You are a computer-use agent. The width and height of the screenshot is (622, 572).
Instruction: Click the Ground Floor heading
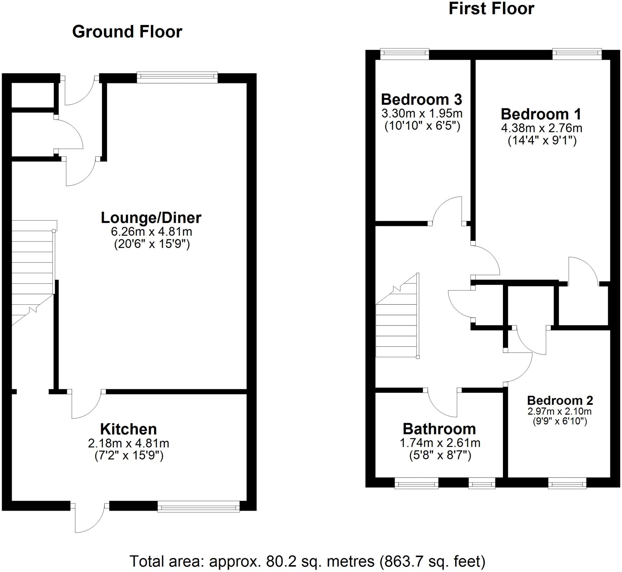click(127, 32)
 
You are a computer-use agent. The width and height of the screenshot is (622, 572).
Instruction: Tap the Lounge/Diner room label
click(151, 218)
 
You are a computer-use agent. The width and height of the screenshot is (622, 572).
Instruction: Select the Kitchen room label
click(128, 429)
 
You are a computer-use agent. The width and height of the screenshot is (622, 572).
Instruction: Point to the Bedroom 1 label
click(541, 114)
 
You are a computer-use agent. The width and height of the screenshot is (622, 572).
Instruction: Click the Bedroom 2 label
click(560, 400)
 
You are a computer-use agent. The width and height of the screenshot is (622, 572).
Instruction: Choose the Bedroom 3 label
click(421, 99)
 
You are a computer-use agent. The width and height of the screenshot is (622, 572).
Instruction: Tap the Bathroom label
click(439, 429)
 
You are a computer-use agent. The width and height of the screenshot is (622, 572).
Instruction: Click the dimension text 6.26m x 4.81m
click(152, 231)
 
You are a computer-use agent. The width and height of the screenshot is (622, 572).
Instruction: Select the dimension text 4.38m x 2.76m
click(542, 128)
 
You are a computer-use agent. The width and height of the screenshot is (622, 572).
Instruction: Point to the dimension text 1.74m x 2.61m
click(440, 443)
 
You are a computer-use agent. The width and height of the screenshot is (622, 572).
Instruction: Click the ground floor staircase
click(32, 272)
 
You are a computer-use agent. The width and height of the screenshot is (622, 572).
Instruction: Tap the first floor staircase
click(397, 325)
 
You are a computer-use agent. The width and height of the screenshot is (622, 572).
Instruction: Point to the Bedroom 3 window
click(404, 54)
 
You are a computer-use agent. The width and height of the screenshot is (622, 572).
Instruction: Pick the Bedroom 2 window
click(567, 483)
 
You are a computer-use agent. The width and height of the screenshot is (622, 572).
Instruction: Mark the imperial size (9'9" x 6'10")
click(559, 421)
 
